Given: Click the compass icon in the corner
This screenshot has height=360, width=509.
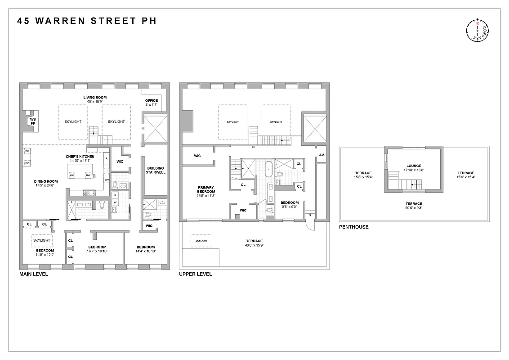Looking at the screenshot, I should (478, 31).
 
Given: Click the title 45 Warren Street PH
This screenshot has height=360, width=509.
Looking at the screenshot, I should (87, 21).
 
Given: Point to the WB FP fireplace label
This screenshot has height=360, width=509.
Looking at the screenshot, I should (32, 121).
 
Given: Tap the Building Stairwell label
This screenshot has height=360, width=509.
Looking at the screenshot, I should (156, 170).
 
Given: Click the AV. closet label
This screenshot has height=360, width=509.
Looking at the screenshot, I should (321, 155).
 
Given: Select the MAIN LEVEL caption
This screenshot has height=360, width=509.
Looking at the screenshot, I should (34, 274).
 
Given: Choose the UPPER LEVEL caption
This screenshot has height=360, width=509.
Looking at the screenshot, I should (196, 274).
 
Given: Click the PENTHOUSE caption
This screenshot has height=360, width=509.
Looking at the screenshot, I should (354, 227).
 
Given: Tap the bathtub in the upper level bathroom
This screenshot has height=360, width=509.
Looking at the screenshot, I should (268, 169).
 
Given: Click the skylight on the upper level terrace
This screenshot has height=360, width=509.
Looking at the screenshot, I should (201, 241).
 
